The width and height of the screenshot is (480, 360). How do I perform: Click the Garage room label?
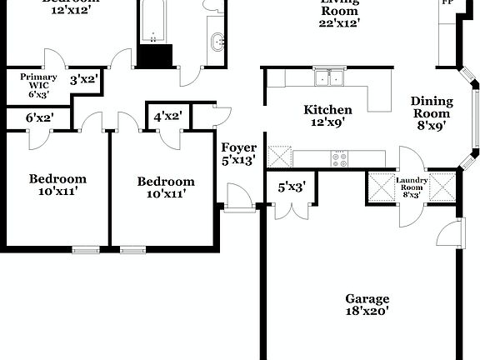coord(367,298)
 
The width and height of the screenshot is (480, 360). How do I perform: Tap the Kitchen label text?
coord(327,109)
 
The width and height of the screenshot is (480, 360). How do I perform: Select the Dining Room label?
coord(431,107)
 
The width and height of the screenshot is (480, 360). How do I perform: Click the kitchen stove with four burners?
coord(339,157)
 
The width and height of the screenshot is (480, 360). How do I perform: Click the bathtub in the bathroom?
coord(154,22)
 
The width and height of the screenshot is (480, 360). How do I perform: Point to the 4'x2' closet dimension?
coord(168,117)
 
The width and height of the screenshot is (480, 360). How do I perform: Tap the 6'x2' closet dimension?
coord(39,118)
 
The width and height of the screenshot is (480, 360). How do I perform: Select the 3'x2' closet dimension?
coord(84,80)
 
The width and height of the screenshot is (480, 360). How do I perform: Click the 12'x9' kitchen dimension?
coord(327,122)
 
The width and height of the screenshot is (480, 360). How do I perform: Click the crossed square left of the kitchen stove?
coord(279,156)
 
